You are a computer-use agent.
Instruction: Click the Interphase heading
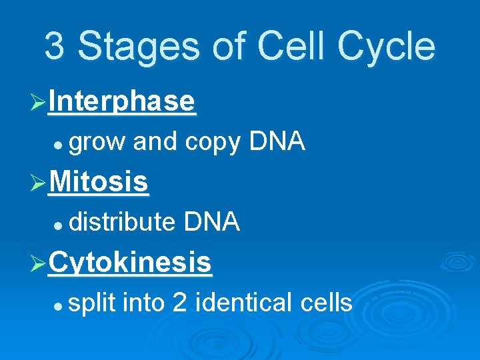click(122, 102)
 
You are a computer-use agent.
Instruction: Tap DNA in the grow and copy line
click(277, 141)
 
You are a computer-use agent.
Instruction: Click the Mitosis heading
click(99, 181)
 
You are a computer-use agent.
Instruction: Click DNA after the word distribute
click(211, 221)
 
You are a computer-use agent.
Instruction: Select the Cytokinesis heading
click(130, 263)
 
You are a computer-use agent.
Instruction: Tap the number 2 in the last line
click(179, 303)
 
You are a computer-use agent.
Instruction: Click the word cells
click(326, 302)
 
